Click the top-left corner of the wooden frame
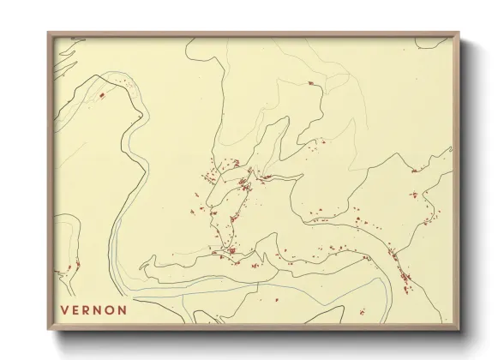(48, 33)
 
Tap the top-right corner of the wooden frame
(460, 33)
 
